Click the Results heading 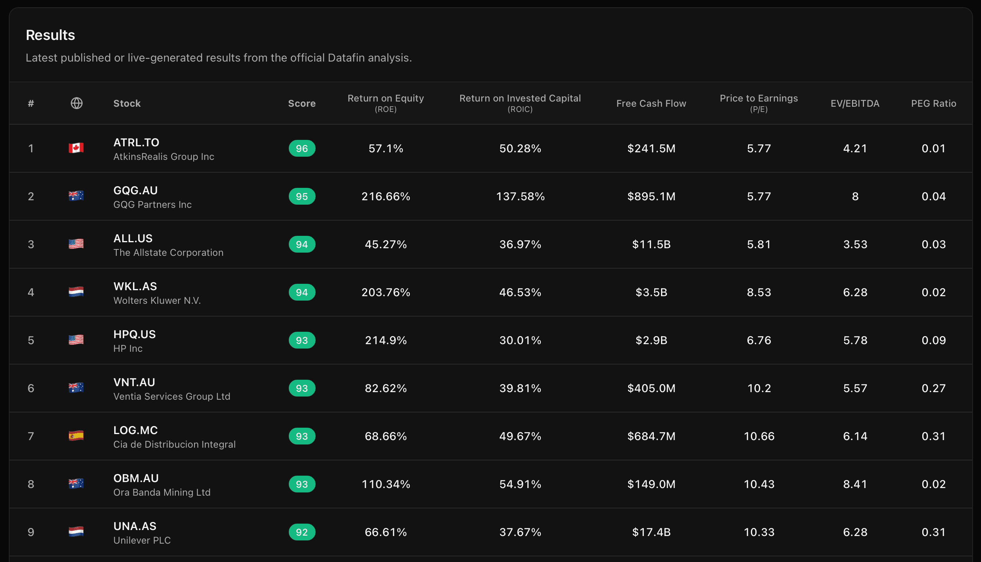[50, 35]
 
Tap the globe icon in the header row [76, 103]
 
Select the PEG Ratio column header [933, 104]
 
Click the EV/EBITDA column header [855, 104]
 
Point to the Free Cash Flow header [651, 104]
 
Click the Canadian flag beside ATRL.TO [76, 148]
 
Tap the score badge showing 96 [302, 148]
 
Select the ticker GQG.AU [135, 190]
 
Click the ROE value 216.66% [386, 196]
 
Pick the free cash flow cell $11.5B [651, 244]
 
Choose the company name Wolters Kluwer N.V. [157, 301]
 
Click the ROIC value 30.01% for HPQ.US [520, 340]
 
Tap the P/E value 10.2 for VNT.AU [759, 388]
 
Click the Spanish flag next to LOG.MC [76, 436]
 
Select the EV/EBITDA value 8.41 [855, 484]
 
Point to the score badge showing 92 [302, 532]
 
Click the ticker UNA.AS [135, 526]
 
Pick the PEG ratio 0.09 [933, 340]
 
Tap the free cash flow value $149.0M [651, 484]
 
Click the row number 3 [31, 244]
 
